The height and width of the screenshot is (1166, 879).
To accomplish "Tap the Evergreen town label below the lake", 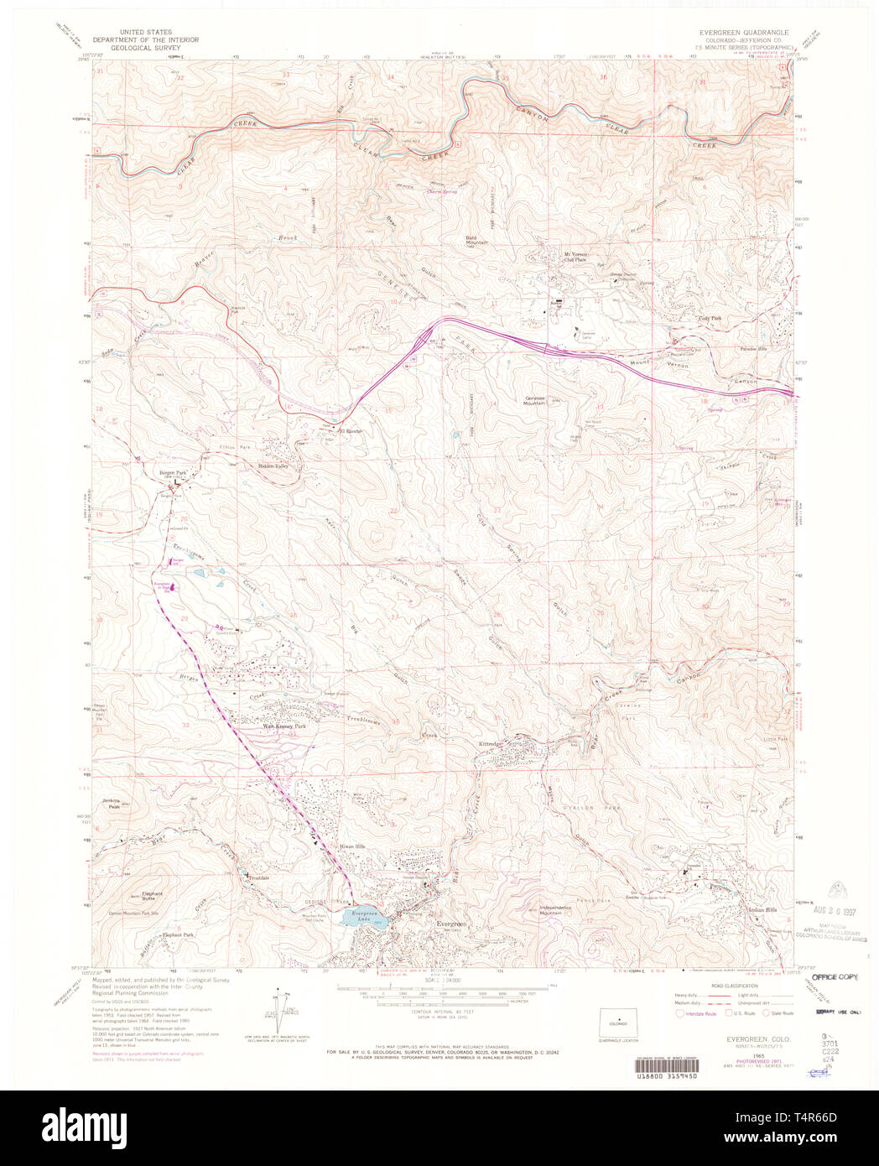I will click(451, 923).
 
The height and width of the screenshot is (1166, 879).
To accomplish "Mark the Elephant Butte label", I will click(152, 896).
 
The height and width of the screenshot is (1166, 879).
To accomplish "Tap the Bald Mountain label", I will click(476, 241).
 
